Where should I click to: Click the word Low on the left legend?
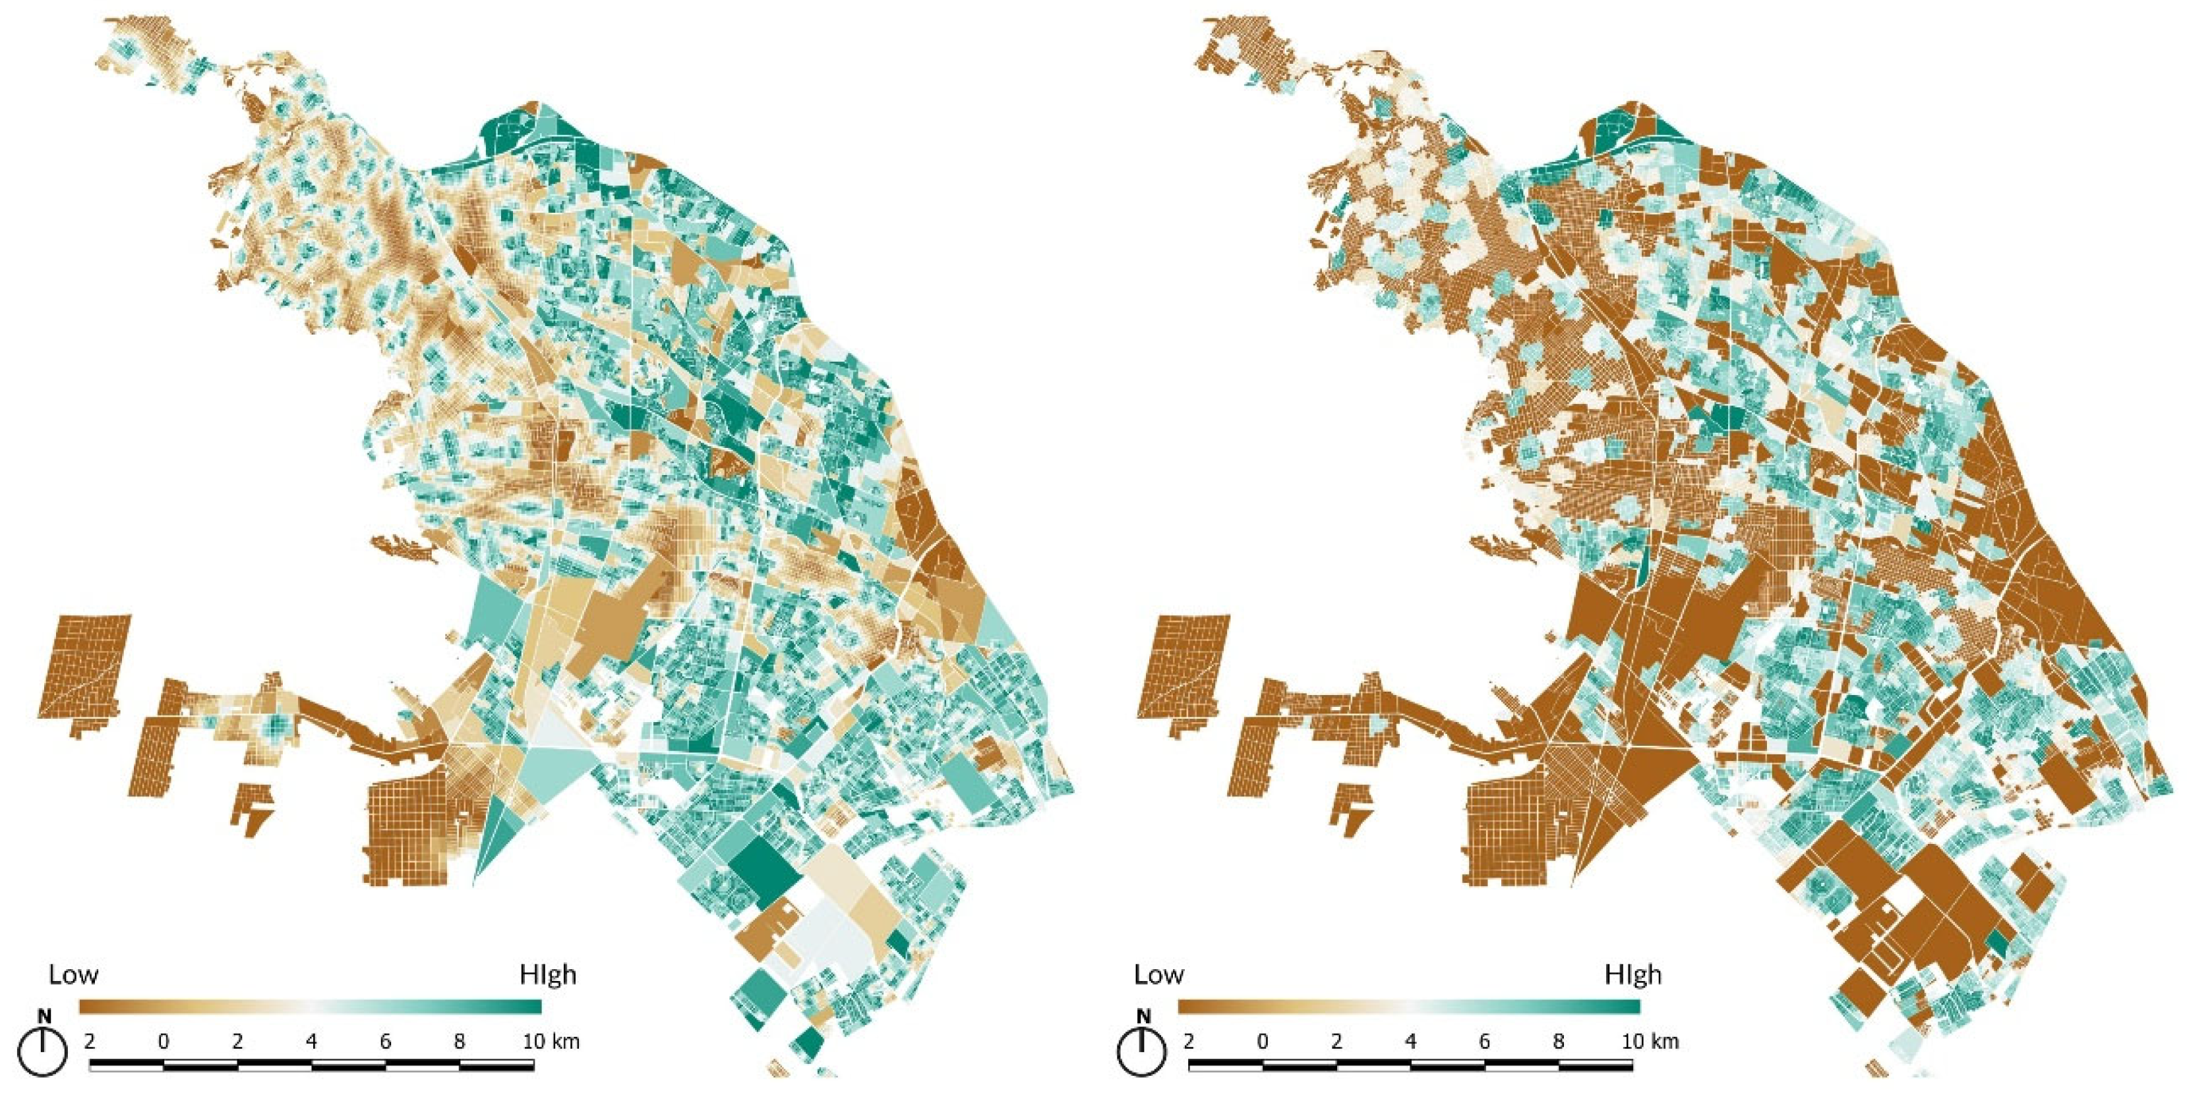pos(73,974)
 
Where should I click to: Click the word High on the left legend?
pos(548,974)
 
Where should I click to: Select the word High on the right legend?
pos(1633,974)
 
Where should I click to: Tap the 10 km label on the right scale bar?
pos(1650,1041)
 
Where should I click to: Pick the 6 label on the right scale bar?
pos(1484,1041)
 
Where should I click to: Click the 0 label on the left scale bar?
pos(163,1041)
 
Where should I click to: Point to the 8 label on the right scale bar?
pos(1558,1041)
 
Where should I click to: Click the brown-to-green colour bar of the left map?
pos(310,1007)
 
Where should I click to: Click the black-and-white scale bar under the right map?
pos(1410,1063)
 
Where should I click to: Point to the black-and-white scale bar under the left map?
pos(311,1063)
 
